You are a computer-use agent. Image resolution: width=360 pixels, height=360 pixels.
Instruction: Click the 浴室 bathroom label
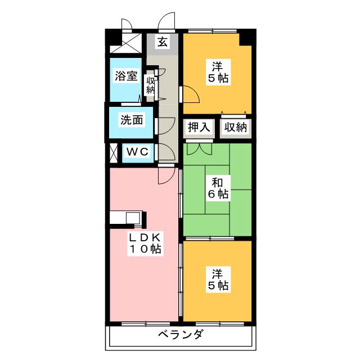pyautogui.click(x=127, y=76)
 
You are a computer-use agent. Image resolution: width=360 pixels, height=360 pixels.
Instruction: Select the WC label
pyautogui.click(x=136, y=151)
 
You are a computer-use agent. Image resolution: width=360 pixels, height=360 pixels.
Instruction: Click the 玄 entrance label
pyautogui.click(x=162, y=42)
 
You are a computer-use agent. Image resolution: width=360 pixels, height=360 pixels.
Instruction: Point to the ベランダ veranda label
pyautogui.click(x=181, y=335)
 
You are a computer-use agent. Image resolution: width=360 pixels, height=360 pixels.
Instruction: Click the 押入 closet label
pyautogui.click(x=199, y=127)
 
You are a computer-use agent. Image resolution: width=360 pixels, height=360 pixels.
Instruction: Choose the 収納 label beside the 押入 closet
pyautogui.click(x=233, y=127)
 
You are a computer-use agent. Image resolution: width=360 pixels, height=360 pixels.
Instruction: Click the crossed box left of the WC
pyautogui.click(x=114, y=152)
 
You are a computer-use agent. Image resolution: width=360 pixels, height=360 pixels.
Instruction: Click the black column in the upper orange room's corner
pyautogui.click(x=245, y=38)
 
